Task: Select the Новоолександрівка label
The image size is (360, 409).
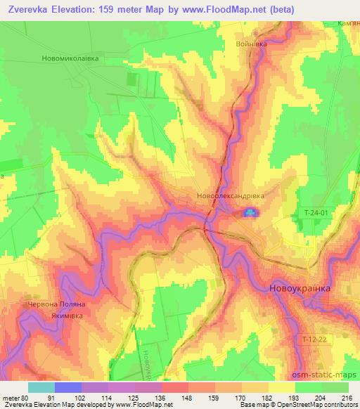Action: [x=230, y=197]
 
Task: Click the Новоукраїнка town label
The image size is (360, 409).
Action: [x=300, y=288]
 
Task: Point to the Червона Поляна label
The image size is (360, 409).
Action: [x=56, y=304]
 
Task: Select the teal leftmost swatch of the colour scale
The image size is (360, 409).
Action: [x=41, y=387]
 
